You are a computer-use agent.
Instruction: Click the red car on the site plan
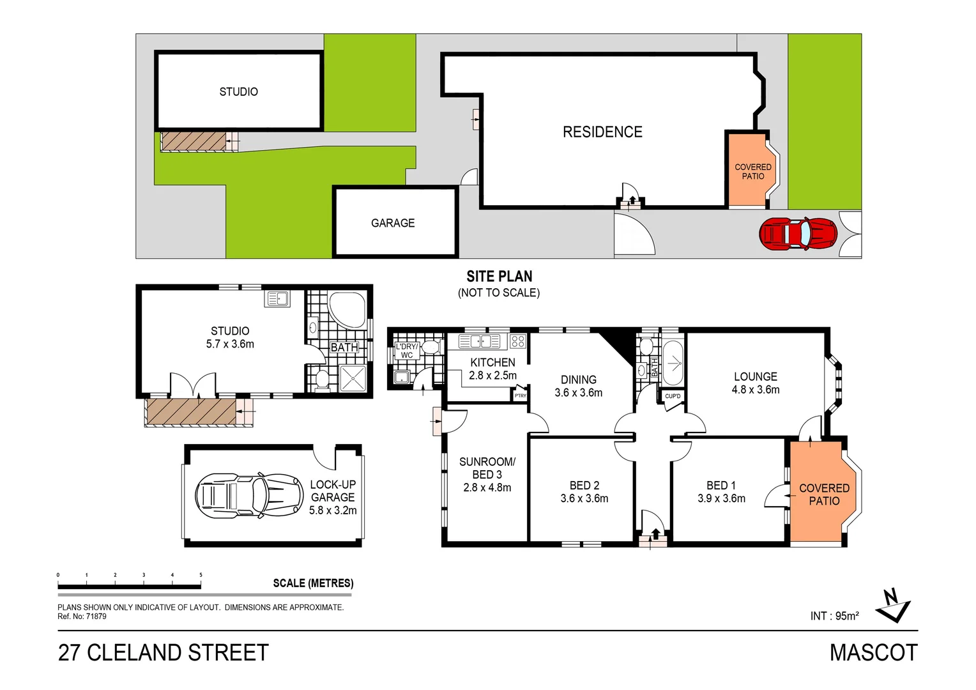click(798, 233)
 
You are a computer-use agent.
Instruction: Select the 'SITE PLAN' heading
click(499, 277)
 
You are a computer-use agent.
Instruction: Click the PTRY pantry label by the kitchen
click(521, 396)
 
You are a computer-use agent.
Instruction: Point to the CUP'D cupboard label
click(673, 396)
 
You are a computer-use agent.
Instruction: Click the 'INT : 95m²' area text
click(834, 616)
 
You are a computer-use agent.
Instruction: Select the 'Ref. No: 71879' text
click(82, 617)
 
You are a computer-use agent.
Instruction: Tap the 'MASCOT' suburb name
click(873, 653)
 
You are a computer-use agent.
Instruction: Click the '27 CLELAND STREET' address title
click(164, 653)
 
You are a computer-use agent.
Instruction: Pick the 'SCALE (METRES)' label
click(313, 583)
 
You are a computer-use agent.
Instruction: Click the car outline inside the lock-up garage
click(248, 494)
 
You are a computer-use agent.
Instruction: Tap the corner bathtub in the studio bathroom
click(346, 309)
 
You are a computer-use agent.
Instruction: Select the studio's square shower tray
click(353, 378)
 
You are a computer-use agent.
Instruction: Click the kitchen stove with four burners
click(518, 341)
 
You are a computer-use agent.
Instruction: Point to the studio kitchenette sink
click(278, 298)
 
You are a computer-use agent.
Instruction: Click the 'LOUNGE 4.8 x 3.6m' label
click(756, 383)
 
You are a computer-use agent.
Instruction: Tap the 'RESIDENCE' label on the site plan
click(602, 132)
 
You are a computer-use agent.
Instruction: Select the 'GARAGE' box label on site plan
click(393, 223)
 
